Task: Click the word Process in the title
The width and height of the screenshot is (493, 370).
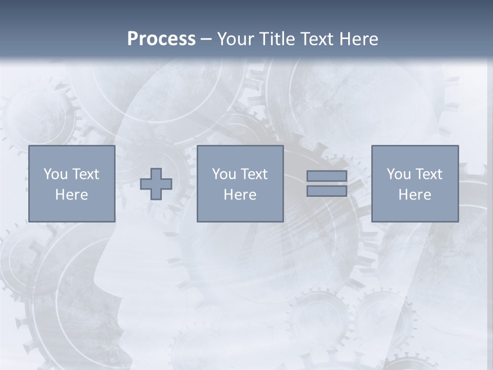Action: point(161,39)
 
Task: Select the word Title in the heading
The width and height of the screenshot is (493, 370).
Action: point(277,39)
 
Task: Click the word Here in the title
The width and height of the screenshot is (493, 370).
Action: point(359,39)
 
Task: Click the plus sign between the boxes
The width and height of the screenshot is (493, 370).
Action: point(156,184)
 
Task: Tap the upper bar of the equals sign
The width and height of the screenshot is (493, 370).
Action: point(327,176)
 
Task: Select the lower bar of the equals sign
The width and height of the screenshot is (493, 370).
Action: point(327,191)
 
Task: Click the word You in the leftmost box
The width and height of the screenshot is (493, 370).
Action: point(55,174)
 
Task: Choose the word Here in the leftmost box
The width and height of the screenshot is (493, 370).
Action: point(71,195)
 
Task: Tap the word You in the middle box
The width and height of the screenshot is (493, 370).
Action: point(224,174)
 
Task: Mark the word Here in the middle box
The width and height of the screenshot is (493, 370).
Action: point(240,195)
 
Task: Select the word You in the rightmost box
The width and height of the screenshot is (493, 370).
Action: point(399,174)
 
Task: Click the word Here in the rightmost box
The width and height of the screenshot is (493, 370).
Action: point(414,195)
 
